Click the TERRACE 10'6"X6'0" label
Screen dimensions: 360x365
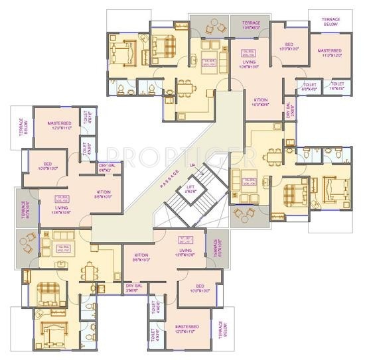pyautogui.click(x=251, y=25)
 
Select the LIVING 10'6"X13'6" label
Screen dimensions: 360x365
pyautogui.click(x=250, y=64)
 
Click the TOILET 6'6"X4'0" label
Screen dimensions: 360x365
pyautogui.click(x=310, y=86)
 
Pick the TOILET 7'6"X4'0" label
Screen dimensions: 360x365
pyautogui.click(x=338, y=86)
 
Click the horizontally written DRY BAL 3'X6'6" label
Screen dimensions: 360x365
pyautogui.click(x=135, y=288)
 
